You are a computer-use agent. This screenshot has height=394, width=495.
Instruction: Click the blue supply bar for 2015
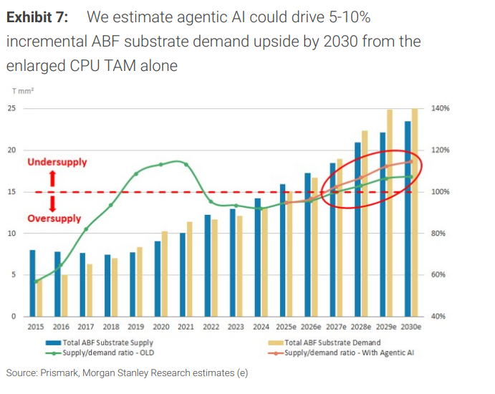32,282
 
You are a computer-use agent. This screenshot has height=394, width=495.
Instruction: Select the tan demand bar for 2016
64,295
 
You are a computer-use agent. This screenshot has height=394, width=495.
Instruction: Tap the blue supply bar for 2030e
408,218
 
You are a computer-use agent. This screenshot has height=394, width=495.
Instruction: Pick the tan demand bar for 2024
264,261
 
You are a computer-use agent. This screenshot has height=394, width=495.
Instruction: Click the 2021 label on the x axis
186,327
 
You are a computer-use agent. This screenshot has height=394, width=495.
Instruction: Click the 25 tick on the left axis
11,108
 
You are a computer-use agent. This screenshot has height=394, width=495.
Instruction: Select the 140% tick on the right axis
441,108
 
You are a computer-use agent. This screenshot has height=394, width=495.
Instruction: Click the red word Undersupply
57,163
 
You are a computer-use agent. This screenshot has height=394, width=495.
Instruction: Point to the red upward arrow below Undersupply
52,179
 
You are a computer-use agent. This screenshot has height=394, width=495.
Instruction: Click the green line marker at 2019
135,174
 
